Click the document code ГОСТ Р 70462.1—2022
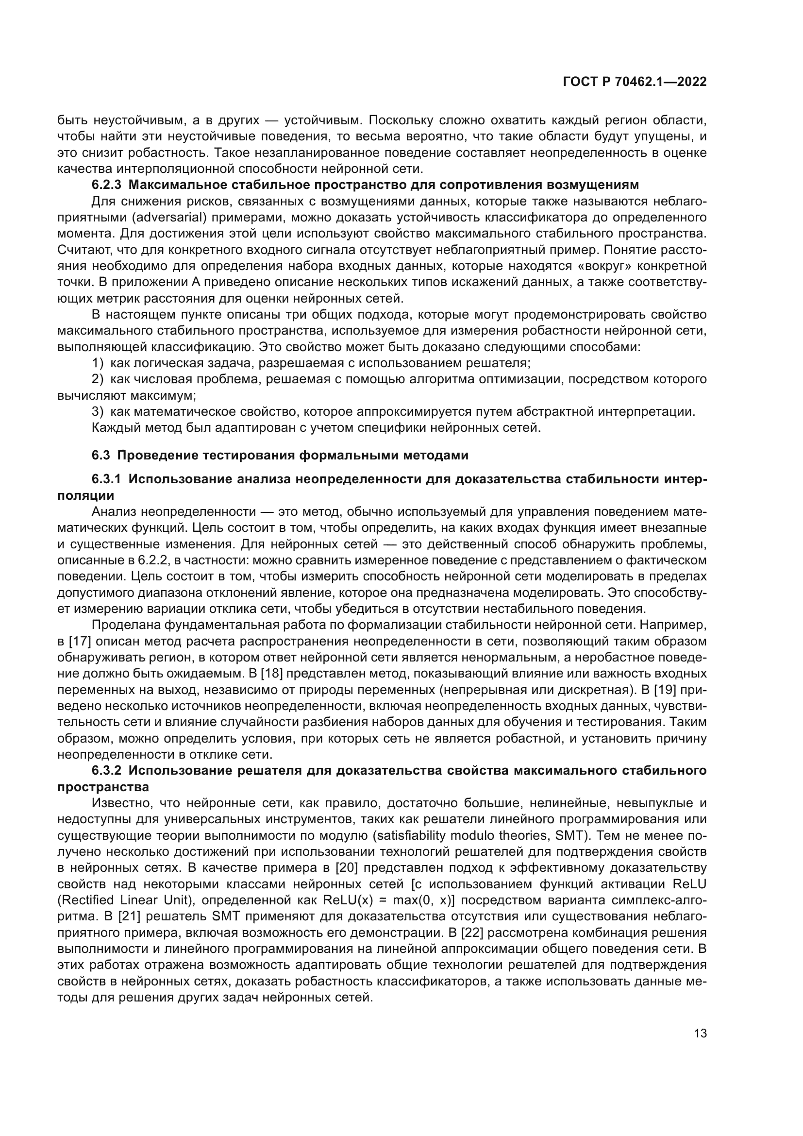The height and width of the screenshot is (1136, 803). point(635,82)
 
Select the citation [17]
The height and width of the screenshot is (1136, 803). point(78,642)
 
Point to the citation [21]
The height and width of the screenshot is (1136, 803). point(130,916)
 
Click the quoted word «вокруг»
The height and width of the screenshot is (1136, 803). point(604,266)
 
